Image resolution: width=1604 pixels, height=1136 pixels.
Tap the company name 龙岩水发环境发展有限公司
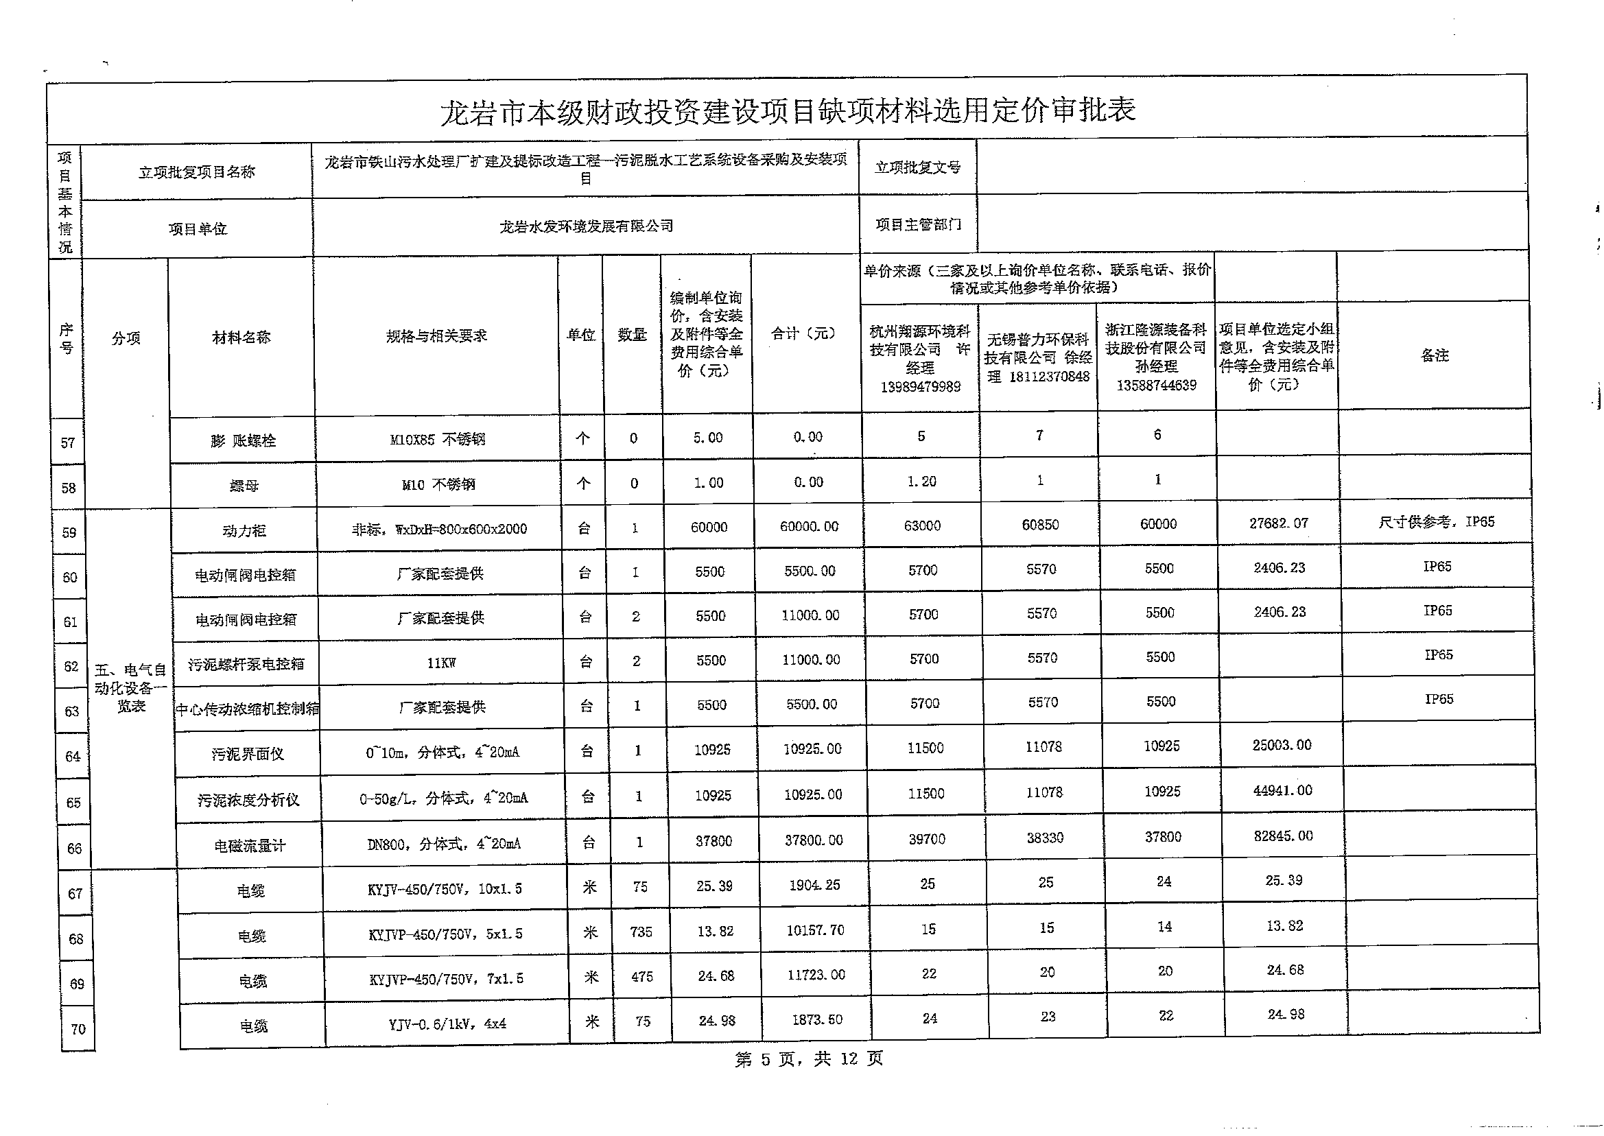[586, 226]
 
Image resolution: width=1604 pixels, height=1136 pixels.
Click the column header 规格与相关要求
[436, 336]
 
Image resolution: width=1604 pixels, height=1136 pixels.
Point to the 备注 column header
[1435, 355]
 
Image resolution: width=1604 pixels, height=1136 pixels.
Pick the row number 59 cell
[69, 533]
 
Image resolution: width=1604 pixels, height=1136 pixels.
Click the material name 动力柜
[244, 531]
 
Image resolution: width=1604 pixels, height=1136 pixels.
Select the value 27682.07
[1279, 523]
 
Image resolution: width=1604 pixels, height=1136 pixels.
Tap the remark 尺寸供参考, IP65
[1436, 522]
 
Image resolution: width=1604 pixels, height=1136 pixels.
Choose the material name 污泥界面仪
[248, 754]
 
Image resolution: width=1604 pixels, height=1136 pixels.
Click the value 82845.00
[1284, 836]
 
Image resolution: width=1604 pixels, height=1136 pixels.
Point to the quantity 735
[641, 932]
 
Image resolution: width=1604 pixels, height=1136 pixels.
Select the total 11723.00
[816, 974]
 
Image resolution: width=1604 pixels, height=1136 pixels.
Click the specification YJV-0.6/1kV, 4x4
[448, 1024]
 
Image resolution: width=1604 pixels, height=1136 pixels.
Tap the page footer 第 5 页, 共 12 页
[809, 1059]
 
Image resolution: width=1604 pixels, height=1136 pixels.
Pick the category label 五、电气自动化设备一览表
[130, 688]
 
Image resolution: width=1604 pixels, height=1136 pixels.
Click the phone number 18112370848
[1049, 377]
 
